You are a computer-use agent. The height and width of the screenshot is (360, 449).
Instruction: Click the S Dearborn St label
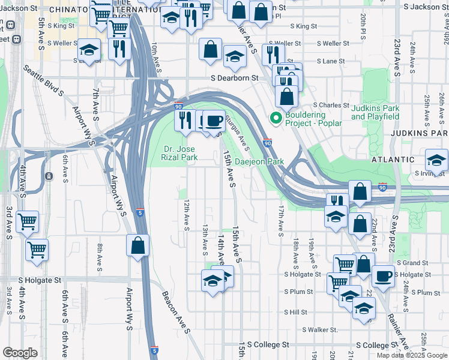pyautogui.click(x=234, y=78)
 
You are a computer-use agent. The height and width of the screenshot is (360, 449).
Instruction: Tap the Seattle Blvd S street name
pyautogui.click(x=44, y=80)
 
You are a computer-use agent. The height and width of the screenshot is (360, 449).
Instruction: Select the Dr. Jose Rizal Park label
pyautogui.click(x=180, y=154)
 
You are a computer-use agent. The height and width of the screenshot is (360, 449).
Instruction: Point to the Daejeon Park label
pyautogui.click(x=259, y=162)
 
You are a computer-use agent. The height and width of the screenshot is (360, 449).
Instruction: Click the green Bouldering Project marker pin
pyautogui.click(x=276, y=118)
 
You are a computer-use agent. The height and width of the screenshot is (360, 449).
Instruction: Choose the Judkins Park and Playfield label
pyautogui.click(x=375, y=112)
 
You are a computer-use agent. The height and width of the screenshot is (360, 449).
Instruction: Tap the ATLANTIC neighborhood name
pyautogui.click(x=393, y=160)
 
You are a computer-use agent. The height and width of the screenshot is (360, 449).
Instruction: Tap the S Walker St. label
pyautogui.click(x=320, y=330)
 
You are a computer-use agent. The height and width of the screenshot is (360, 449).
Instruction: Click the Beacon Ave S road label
pyautogui.click(x=175, y=312)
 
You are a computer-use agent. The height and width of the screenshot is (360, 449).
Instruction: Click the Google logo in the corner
pyautogui.click(x=20, y=353)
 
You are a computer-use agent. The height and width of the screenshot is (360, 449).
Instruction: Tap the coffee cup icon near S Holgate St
pyautogui.click(x=383, y=276)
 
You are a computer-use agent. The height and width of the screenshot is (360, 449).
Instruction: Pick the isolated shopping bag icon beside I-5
pyautogui.click(x=137, y=245)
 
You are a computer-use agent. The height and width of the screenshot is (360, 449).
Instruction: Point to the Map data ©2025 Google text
pyautogui.click(x=412, y=355)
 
